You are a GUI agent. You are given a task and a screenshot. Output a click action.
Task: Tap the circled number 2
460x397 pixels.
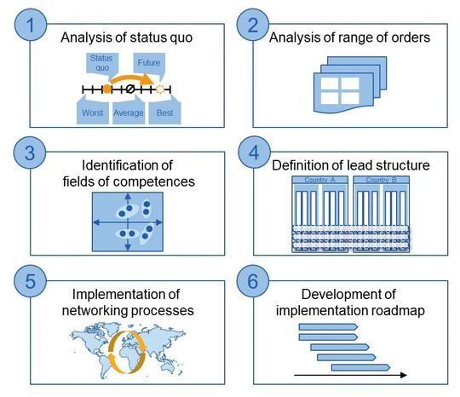click(253, 25)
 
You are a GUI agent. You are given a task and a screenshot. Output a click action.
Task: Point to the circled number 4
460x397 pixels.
click(253, 154)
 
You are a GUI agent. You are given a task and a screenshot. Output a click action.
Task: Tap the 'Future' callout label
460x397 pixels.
click(151, 62)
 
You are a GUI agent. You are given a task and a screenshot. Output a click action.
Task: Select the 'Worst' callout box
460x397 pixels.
click(92, 112)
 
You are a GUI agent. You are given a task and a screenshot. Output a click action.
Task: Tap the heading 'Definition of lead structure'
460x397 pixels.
click(352, 164)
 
